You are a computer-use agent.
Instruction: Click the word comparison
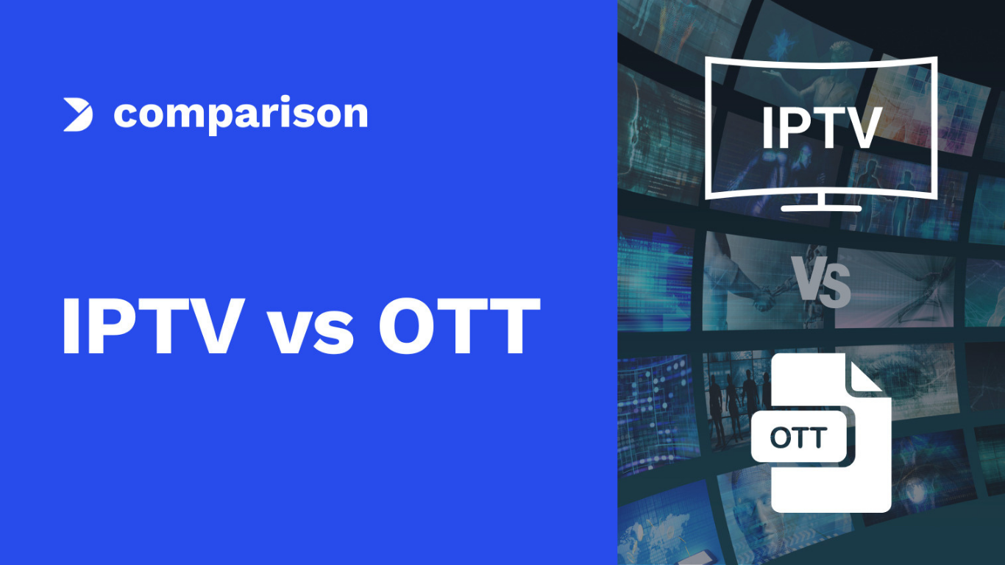(241, 115)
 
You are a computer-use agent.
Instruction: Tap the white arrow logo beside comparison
(78, 115)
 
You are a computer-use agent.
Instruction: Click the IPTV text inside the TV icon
(820, 129)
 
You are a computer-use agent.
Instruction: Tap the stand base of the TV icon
(820, 207)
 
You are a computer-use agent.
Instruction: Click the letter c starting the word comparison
(126, 116)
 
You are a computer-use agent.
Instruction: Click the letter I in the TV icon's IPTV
(767, 129)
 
